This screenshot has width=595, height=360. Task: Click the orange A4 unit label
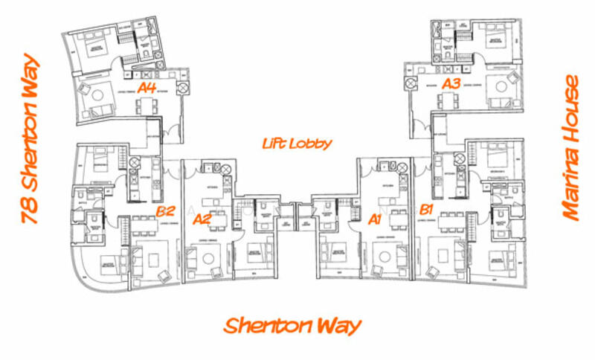(147, 88)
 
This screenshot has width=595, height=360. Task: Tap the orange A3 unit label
(451, 84)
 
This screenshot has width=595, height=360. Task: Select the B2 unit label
(166, 211)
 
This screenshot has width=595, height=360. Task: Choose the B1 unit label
(427, 208)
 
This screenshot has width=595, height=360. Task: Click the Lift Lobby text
(297, 143)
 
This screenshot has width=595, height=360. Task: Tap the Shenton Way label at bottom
(292, 325)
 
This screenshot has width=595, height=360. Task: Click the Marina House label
(571, 148)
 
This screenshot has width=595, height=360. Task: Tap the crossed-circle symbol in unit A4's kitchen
(182, 87)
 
